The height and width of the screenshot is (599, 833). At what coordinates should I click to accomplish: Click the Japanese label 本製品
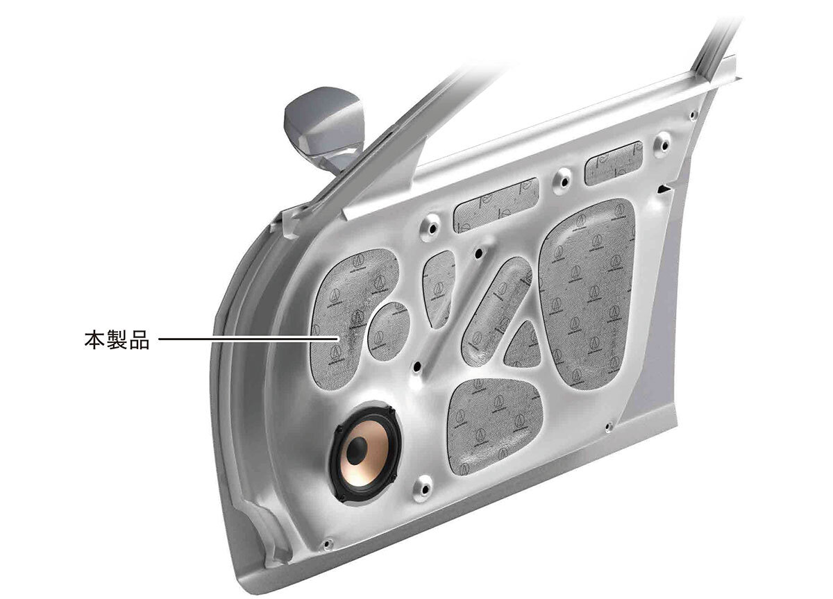coord(117,340)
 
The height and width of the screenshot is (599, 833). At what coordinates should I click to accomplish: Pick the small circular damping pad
coord(387,330)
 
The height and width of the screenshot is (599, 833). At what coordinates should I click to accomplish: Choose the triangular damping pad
coord(524,347)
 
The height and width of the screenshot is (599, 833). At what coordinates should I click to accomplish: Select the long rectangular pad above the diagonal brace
coord(496,205)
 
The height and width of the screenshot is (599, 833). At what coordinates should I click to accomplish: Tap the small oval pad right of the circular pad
coord(439,287)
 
